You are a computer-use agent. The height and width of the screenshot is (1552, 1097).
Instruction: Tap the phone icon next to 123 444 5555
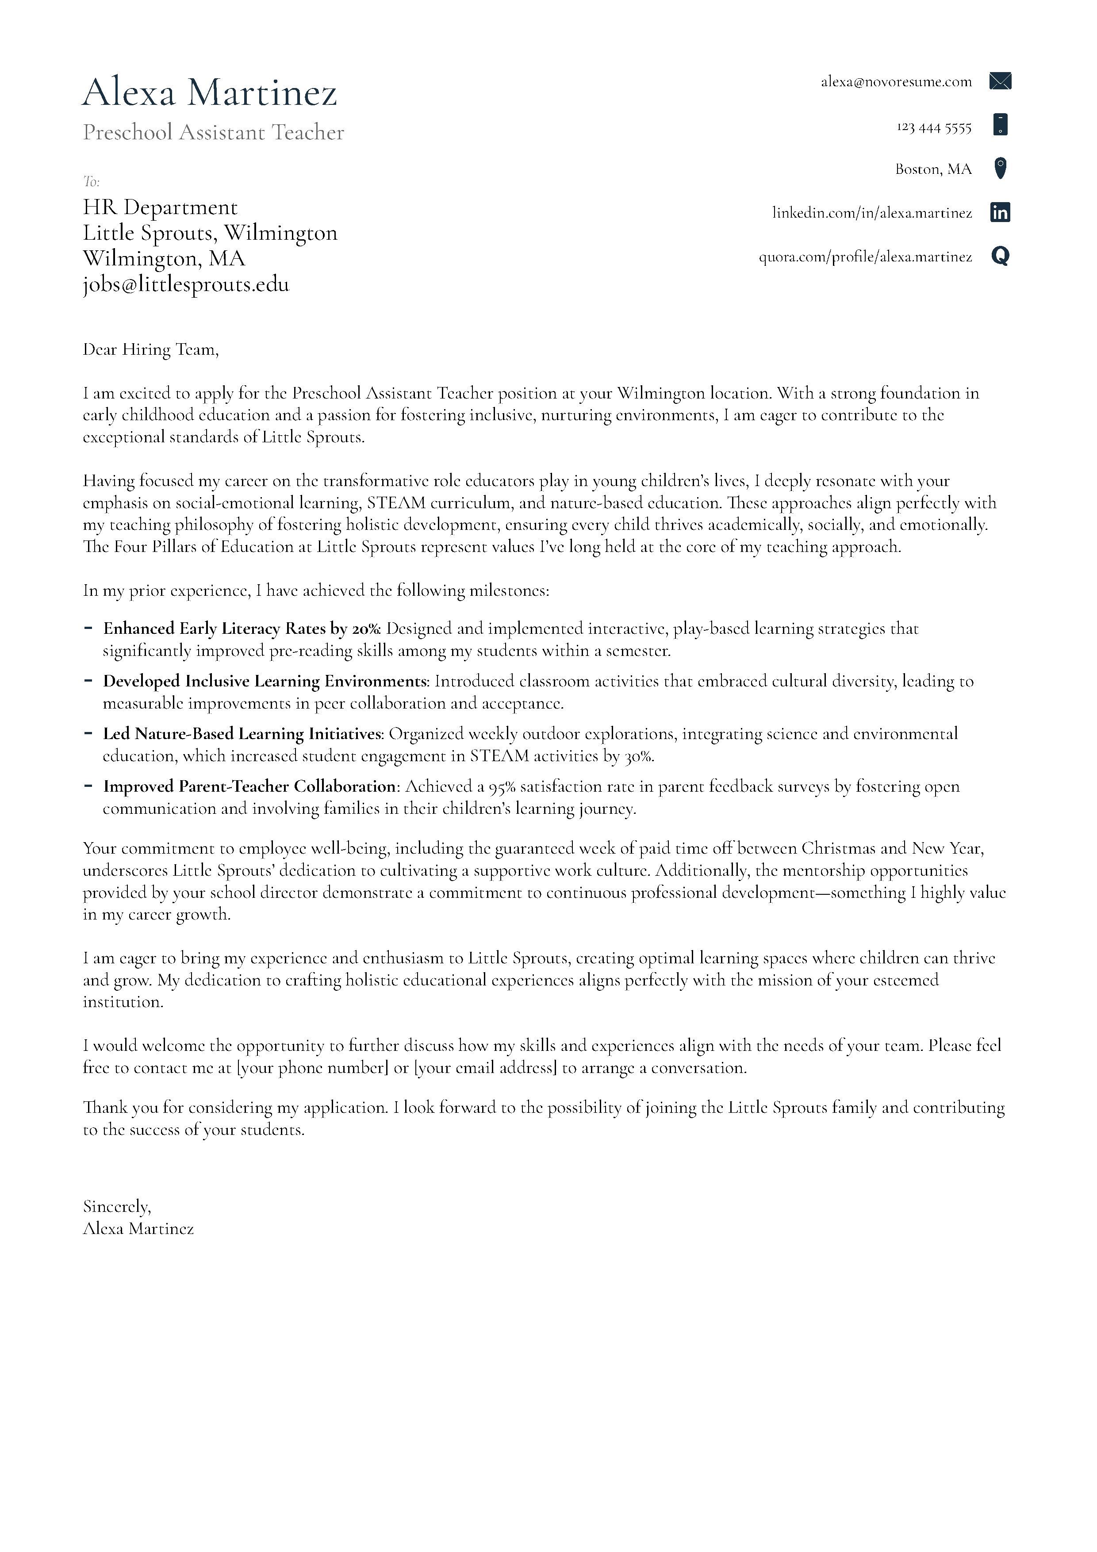(x=1000, y=125)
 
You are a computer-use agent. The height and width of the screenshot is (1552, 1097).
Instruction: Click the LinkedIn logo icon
(x=1000, y=212)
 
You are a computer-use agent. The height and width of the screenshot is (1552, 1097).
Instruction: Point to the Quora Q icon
(x=1000, y=256)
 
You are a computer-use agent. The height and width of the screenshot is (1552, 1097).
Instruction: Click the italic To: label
(x=91, y=181)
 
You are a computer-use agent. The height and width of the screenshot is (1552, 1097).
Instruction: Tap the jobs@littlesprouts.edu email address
(x=186, y=284)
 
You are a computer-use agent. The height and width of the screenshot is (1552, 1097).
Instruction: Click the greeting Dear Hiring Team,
(x=151, y=349)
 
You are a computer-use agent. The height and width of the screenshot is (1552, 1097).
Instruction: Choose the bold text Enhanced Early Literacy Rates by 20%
(x=242, y=628)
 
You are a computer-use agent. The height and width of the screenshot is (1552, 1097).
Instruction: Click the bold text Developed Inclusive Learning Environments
(x=266, y=682)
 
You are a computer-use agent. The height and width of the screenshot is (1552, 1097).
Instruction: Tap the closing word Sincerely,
(x=117, y=1207)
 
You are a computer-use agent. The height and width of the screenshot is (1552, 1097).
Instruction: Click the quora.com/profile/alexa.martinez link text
(x=865, y=257)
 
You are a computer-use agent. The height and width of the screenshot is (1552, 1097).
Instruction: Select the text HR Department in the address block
(x=160, y=207)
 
